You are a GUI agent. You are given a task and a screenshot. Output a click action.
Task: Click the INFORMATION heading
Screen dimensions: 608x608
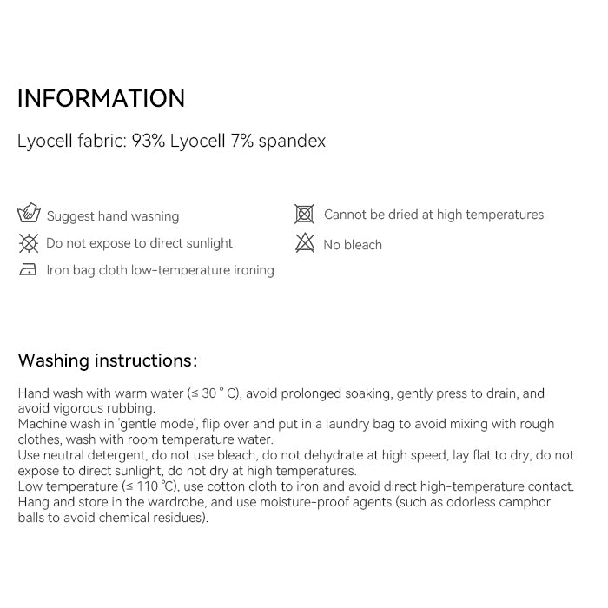click(x=101, y=98)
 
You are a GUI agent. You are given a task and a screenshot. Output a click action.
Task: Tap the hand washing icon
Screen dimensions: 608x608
click(x=29, y=215)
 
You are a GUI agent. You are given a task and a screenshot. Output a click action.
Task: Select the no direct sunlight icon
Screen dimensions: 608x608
click(x=29, y=243)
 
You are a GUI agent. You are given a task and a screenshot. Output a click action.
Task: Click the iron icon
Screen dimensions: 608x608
click(x=29, y=270)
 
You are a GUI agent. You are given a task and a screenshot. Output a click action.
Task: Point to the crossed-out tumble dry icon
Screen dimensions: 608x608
click(x=304, y=214)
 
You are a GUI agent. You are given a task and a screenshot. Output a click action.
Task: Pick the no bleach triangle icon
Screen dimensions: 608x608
click(x=304, y=243)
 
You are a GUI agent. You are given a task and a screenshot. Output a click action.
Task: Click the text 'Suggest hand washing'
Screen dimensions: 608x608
click(x=113, y=216)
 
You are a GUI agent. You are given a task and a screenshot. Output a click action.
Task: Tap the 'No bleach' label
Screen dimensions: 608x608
click(x=353, y=245)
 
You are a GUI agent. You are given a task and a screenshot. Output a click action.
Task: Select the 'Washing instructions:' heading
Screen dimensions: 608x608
click(x=108, y=360)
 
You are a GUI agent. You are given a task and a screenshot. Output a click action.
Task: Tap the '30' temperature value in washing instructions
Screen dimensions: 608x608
click(x=208, y=393)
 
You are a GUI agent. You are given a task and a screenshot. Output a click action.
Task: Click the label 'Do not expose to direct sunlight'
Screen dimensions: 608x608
click(x=139, y=244)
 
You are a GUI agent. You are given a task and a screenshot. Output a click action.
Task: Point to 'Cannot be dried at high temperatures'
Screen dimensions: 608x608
click(x=433, y=215)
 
